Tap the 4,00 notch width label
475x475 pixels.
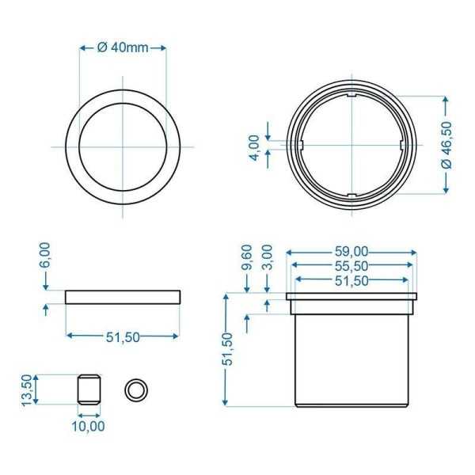254,146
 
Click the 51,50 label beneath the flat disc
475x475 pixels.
123,336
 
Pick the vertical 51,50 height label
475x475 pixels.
228,349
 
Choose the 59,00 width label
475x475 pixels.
351,252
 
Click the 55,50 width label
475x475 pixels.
351,266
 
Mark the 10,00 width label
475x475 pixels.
88,426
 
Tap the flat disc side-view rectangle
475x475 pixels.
123,297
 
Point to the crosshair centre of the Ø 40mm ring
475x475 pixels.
123,146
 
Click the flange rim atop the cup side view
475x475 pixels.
351,298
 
